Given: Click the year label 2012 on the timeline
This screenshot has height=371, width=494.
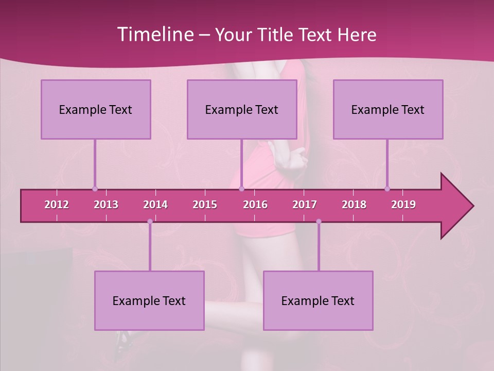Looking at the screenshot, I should click(57, 205).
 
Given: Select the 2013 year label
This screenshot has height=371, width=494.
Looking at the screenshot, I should click(106, 205).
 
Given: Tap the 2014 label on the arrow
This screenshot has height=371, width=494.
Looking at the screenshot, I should click(155, 205).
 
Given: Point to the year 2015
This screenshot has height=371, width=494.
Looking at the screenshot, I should click(205, 205).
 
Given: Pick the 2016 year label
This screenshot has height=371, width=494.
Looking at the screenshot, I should click(255, 205).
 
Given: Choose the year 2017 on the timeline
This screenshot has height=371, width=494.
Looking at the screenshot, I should click(305, 205).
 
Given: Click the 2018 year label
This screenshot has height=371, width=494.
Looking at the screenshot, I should click(354, 205).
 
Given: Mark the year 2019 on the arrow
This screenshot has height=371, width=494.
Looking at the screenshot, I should click(403, 205).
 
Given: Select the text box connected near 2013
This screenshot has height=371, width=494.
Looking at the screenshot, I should click(96, 109).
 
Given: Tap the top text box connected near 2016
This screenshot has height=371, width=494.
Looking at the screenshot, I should click(242, 109).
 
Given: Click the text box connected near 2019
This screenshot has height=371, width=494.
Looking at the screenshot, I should click(388, 109).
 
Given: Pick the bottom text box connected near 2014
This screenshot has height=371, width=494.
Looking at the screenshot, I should click(149, 300).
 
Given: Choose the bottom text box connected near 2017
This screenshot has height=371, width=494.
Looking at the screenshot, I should click(318, 300).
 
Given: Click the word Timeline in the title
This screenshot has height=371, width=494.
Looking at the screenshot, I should click(154, 35).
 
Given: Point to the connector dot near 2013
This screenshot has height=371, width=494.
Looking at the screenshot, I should click(95, 189).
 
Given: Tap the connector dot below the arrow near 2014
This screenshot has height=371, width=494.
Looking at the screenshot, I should click(150, 222).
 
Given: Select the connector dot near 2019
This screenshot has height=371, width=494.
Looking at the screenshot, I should click(387, 189).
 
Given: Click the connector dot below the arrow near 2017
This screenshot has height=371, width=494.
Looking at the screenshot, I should click(319, 222).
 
